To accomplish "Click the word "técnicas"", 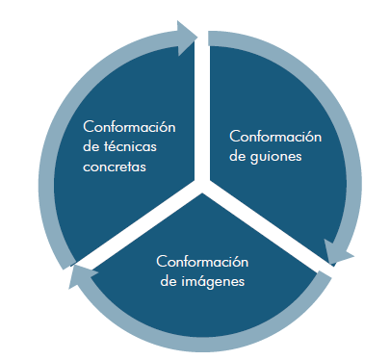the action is click(x=130, y=146).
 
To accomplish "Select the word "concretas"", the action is click(x=115, y=167).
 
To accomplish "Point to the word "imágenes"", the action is click(x=213, y=281).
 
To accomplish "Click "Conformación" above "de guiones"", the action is click(x=275, y=137).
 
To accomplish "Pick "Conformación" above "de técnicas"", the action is click(x=129, y=127).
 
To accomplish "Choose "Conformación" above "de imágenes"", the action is click(x=202, y=262).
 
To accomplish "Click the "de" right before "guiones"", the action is click(x=238, y=156).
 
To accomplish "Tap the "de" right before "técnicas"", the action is click(x=91, y=146).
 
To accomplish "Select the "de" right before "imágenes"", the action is click(x=169, y=281).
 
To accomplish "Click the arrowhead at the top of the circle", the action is click(x=187, y=38).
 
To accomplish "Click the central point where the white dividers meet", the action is click(x=202, y=186).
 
